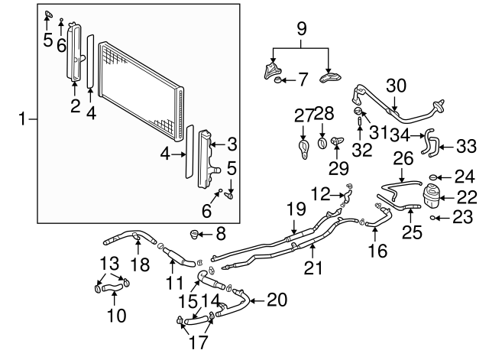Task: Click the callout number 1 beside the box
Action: (x=24, y=118)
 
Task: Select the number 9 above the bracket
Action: (x=301, y=31)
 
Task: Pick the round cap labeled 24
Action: (x=433, y=177)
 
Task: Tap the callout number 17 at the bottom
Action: (x=197, y=342)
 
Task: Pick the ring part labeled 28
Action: (x=322, y=142)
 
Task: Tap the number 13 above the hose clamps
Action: (x=108, y=264)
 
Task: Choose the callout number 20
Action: (x=277, y=300)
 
